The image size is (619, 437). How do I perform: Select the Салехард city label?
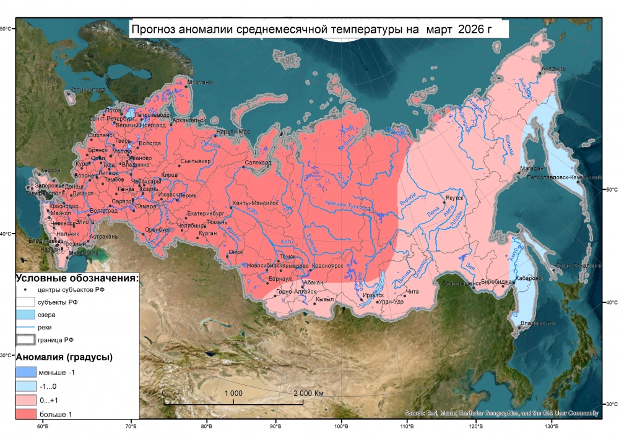(258, 163)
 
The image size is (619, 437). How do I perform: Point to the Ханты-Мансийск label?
(255, 203)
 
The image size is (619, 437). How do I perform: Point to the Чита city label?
(413, 291)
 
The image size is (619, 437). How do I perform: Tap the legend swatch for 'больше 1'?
(25, 414)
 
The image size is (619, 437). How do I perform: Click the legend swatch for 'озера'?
(25, 315)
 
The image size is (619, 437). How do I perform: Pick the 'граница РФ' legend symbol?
(25, 339)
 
